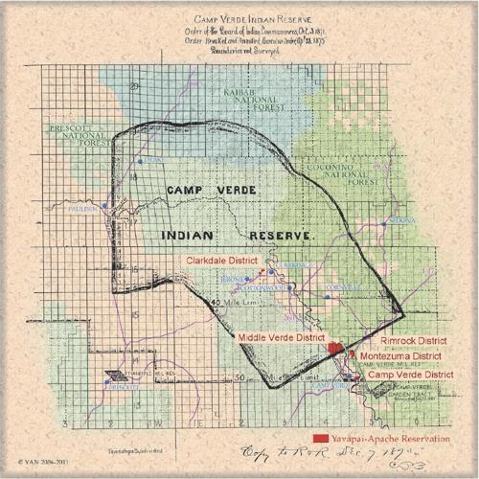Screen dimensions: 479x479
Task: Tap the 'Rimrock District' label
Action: tap(414, 340)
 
